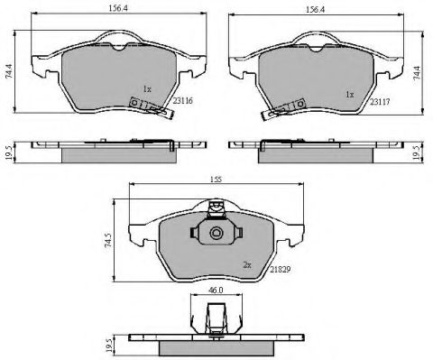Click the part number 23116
click(x=182, y=101)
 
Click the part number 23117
click(x=380, y=102)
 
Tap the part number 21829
click(x=280, y=270)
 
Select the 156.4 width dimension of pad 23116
click(x=118, y=8)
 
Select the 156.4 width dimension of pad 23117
click(x=316, y=9)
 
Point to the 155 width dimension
click(x=216, y=180)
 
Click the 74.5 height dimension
click(x=109, y=240)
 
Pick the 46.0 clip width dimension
click(x=216, y=290)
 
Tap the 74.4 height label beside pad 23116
click(x=9, y=71)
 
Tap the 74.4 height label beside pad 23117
click(x=417, y=73)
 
